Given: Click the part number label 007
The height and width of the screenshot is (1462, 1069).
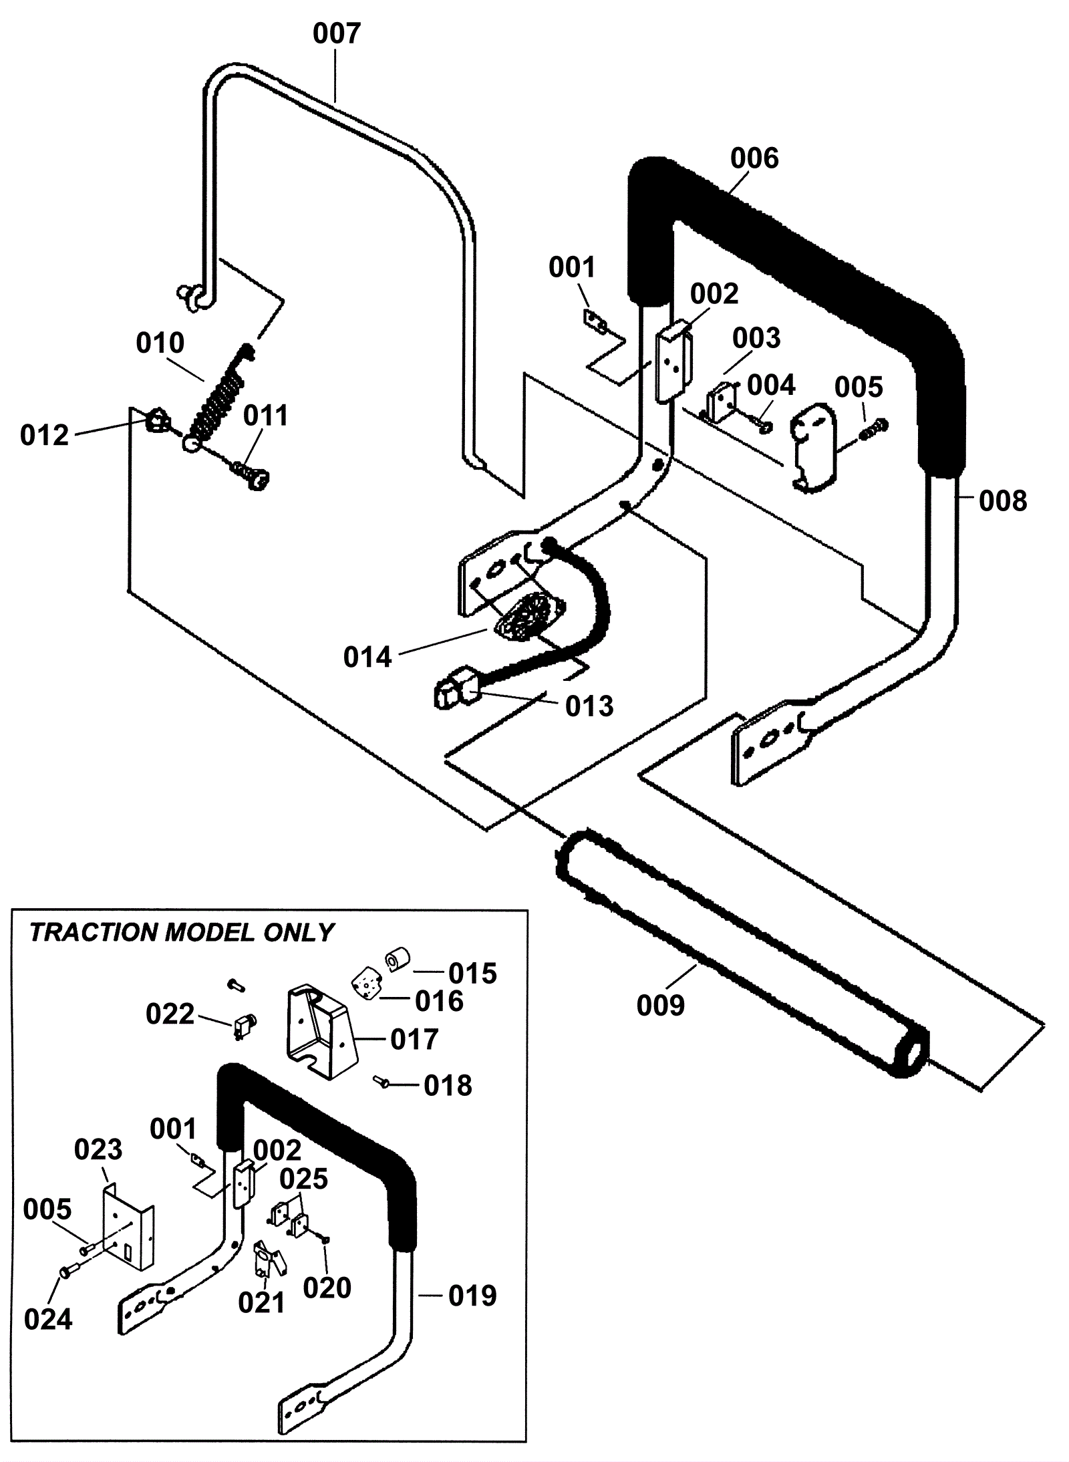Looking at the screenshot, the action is pos(337,33).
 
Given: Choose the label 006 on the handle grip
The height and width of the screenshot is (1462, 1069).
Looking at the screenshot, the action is pos(754,159).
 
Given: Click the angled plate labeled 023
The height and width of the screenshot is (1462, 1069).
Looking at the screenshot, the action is pos(128,1227).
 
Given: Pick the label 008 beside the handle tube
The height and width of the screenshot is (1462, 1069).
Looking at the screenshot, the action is pos(1003,500).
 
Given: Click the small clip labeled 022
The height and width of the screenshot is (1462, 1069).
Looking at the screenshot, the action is pos(245,1025).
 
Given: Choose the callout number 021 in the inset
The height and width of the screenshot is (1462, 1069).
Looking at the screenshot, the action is pos(262,1302).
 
